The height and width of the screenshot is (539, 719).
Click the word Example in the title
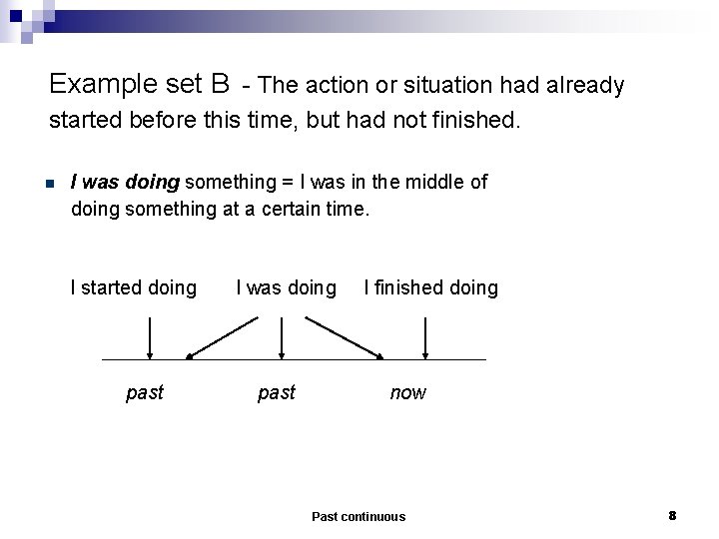pos(97,83)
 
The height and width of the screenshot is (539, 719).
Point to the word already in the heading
pos(583,86)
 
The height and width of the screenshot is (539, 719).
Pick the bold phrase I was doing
pos(125,182)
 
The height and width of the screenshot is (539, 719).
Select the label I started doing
pos(133,287)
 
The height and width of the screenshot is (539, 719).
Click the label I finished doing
pos(430,287)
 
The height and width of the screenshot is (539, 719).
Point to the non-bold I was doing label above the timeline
pos(286,287)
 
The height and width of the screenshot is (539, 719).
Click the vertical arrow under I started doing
pos(150,337)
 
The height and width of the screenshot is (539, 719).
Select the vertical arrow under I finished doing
pos(426,337)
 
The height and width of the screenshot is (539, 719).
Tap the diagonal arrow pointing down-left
pos(222,337)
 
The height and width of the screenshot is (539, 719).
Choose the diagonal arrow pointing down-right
pos(345,337)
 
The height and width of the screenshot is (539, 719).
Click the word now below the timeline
pos(407,393)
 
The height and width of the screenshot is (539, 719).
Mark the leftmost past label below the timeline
pos(145,393)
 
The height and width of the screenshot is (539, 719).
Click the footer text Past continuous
pos(359,516)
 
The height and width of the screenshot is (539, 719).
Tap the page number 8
pos(672,515)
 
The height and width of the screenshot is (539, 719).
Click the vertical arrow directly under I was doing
pos(284,337)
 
